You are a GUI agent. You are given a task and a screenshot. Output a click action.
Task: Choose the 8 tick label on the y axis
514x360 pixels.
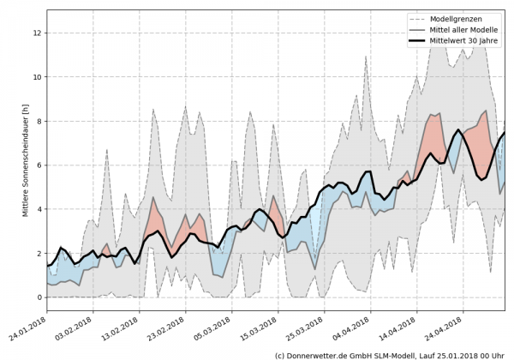point(39,121)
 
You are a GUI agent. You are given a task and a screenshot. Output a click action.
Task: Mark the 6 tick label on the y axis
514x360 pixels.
point(39,165)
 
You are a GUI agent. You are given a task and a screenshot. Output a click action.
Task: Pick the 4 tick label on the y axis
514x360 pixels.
point(39,209)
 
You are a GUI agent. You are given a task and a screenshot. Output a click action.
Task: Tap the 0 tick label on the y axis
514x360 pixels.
point(39,297)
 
